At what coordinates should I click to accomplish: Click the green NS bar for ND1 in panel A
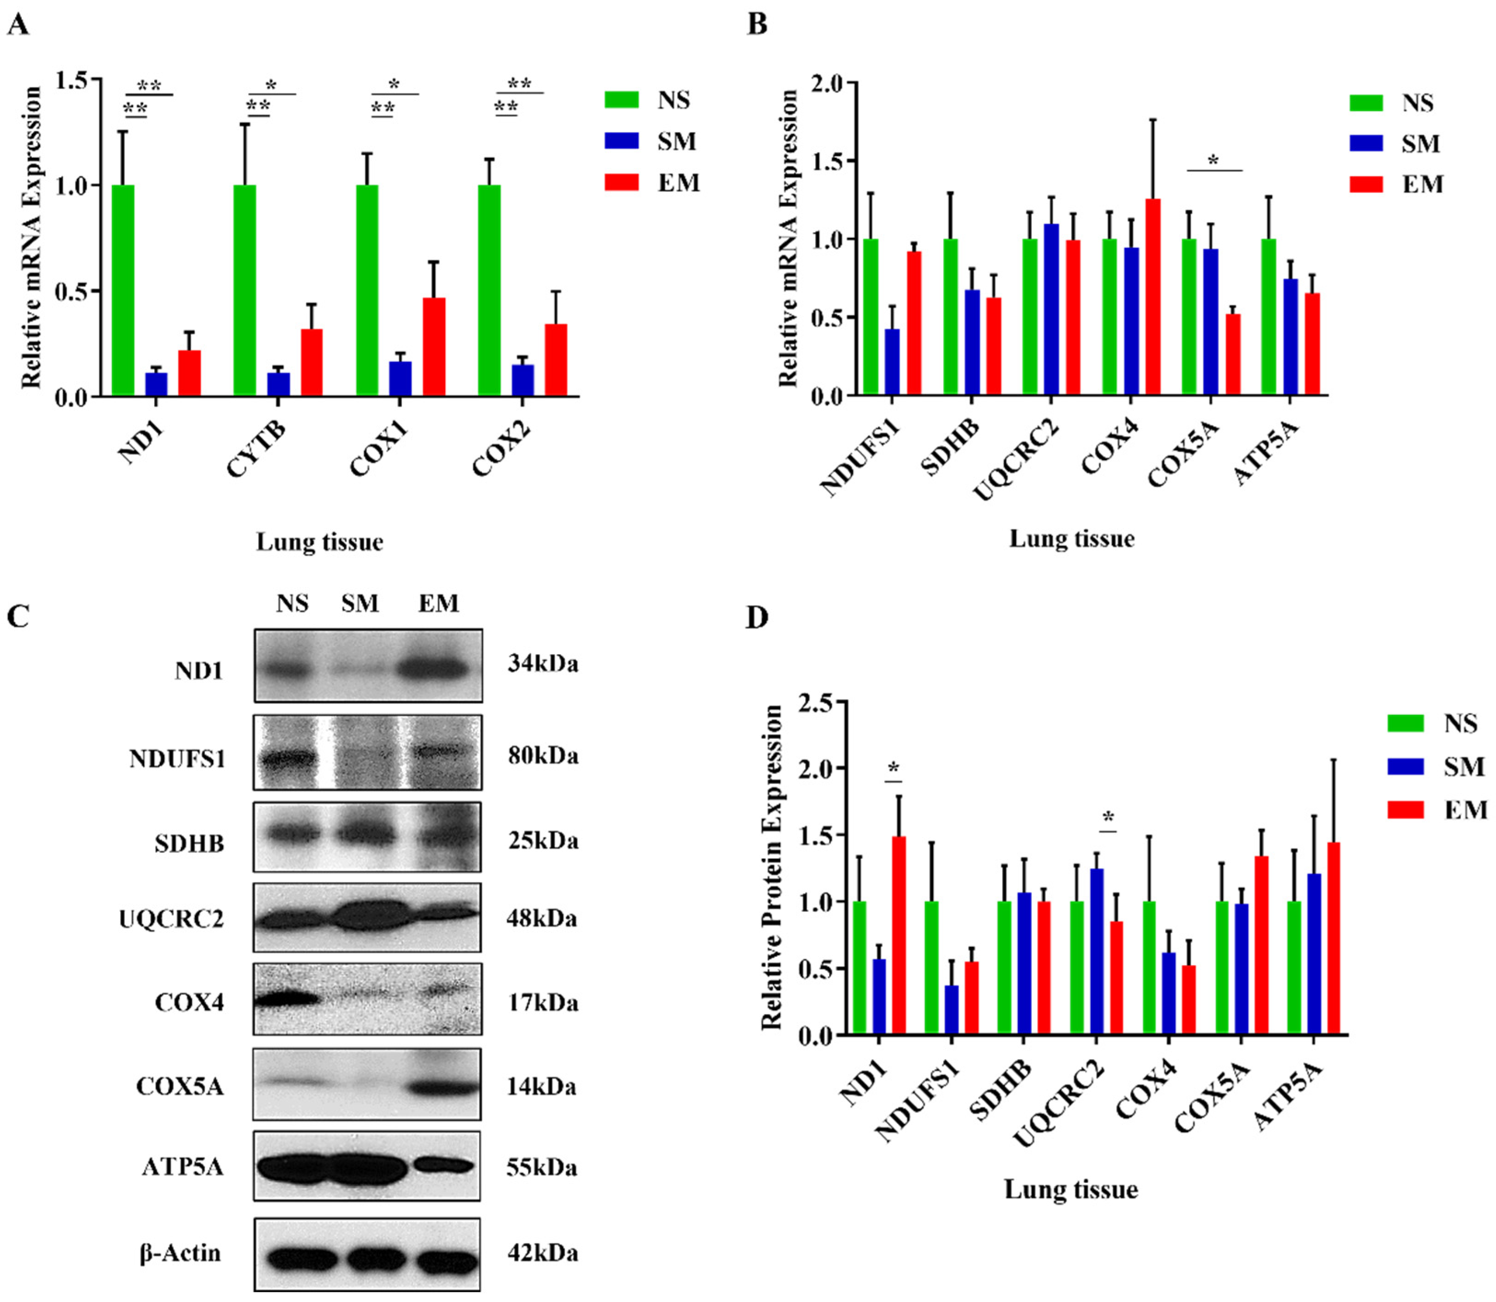click(123, 291)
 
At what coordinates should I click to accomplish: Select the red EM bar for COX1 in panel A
click(434, 347)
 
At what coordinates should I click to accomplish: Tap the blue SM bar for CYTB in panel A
click(278, 384)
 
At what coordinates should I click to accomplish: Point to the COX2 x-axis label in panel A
click(502, 450)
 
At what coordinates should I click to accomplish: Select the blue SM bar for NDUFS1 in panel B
click(892, 362)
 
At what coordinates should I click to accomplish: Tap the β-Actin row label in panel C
click(180, 1253)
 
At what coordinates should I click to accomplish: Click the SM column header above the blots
click(360, 603)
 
